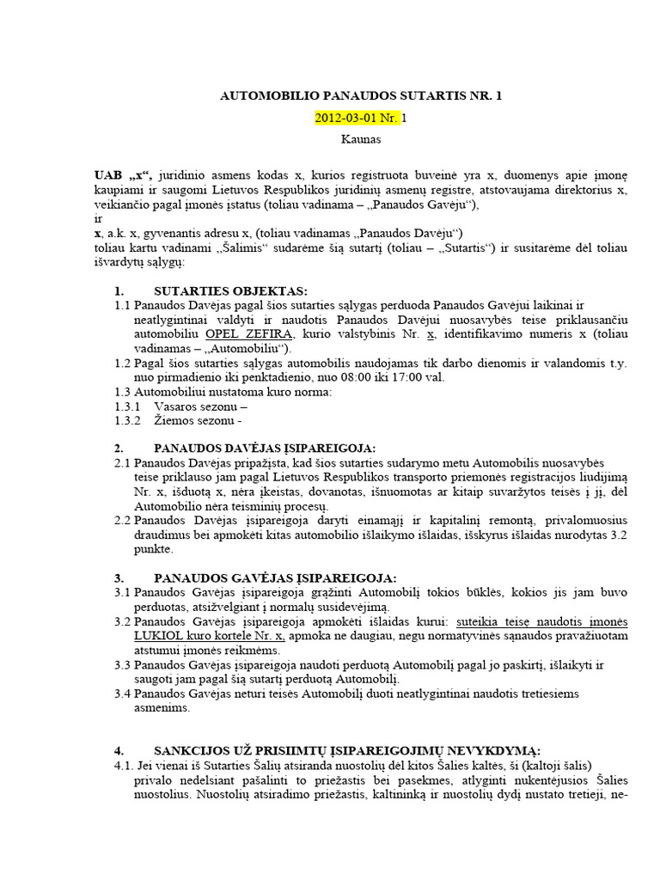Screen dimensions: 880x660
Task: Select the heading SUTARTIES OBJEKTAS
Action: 230,292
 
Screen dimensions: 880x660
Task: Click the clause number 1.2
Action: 122,363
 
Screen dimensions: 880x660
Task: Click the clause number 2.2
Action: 122,518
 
